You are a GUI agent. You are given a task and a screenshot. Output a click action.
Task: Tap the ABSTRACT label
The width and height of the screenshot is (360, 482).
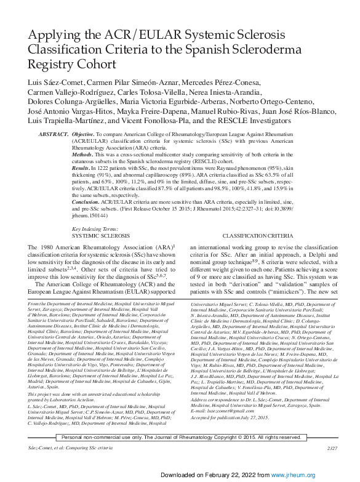[x=53, y=134]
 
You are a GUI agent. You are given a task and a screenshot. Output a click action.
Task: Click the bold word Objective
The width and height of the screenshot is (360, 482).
[x=84, y=134]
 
